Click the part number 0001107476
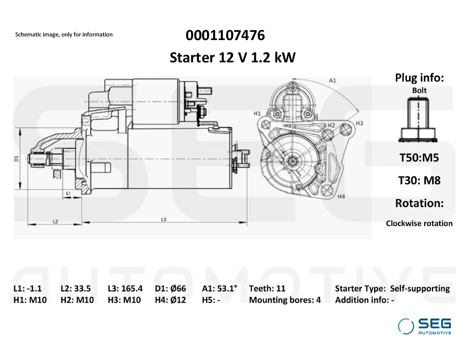coord(225,35)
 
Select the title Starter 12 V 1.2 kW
coord(233,57)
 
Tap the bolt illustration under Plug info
coord(418,120)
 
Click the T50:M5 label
coord(419,157)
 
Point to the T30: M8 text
coord(419,180)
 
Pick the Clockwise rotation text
coord(419,223)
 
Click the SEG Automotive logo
coord(425,326)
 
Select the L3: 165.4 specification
coord(125,289)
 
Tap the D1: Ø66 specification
coord(170,289)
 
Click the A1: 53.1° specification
coord(219,289)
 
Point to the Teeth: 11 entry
coord(267,289)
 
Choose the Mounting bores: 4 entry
coord(285,300)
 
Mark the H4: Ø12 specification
coord(170,300)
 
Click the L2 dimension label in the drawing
coord(55,221)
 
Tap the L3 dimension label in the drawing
coord(163,219)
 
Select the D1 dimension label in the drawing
coord(16,158)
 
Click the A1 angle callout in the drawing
coord(332,80)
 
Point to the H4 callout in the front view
coord(341,196)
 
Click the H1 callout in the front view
coord(257,113)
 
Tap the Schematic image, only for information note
coord(64,35)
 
